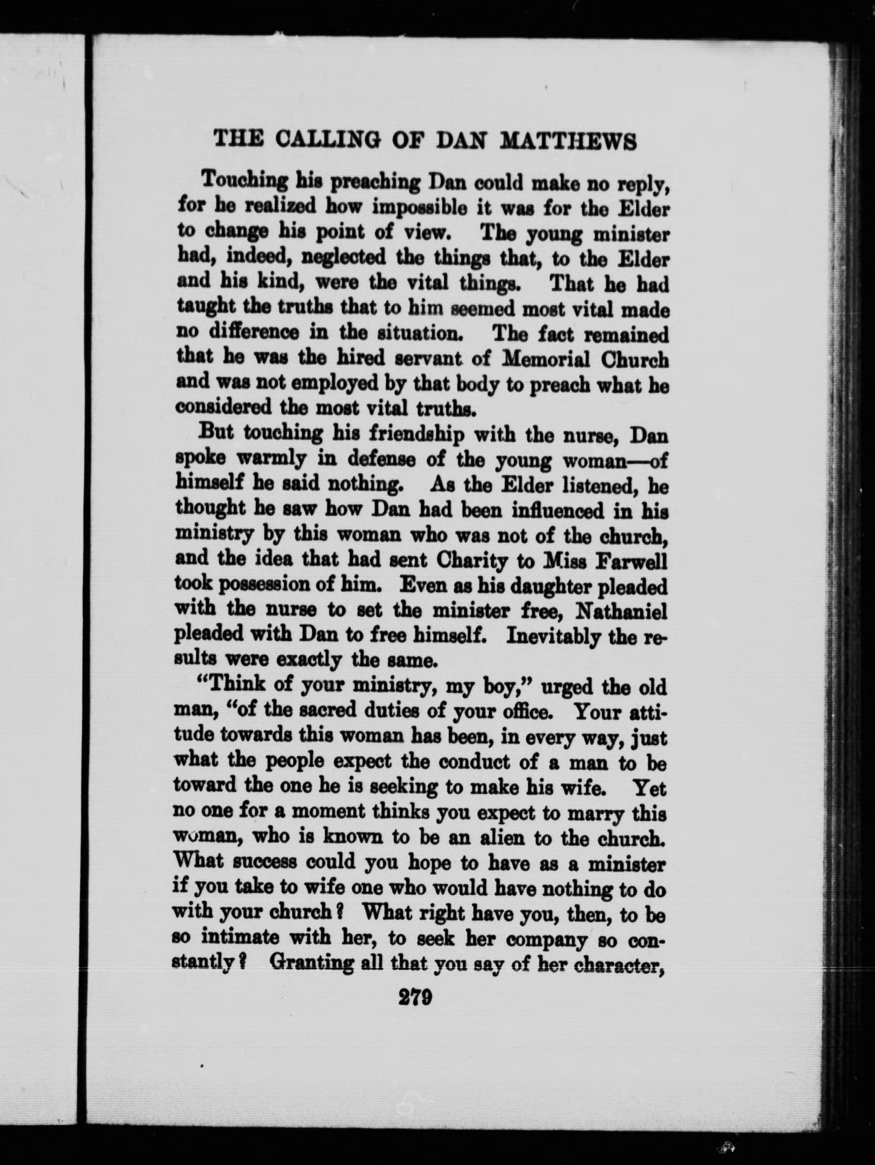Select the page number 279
coord(416,998)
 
